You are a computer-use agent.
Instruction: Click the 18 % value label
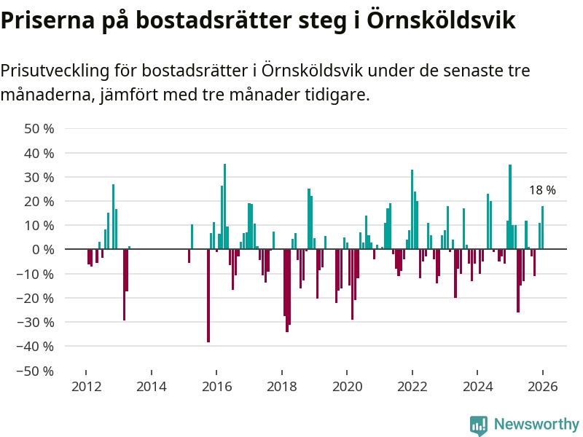point(542,190)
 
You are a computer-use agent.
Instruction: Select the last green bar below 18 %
point(542,228)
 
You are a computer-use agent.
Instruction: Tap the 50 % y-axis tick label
point(39,129)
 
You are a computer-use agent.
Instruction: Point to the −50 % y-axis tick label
point(36,371)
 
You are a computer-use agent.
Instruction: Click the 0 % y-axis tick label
point(43,250)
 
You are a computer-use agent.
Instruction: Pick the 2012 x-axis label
point(86,387)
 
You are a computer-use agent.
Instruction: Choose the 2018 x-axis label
point(282,387)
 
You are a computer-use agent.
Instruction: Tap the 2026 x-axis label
point(543,387)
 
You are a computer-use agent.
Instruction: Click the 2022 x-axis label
point(412,387)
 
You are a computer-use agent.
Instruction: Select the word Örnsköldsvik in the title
point(441,20)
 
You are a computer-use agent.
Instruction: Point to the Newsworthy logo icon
point(478,425)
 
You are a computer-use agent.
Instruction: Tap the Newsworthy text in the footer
point(536,425)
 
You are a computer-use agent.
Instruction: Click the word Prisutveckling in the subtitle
point(55,71)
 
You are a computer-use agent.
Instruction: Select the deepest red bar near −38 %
point(208,296)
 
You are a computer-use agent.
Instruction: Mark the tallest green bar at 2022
point(412,210)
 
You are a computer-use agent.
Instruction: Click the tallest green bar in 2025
point(510,207)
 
